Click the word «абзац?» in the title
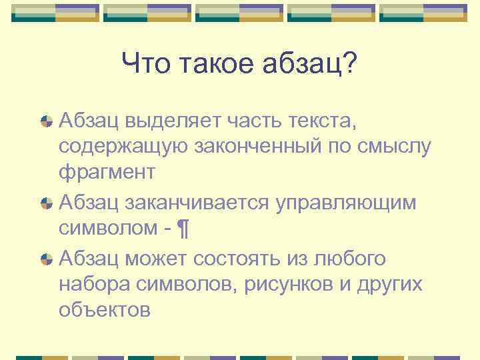[x=308, y=65]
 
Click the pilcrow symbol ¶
[x=185, y=229]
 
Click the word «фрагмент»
[x=107, y=173]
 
